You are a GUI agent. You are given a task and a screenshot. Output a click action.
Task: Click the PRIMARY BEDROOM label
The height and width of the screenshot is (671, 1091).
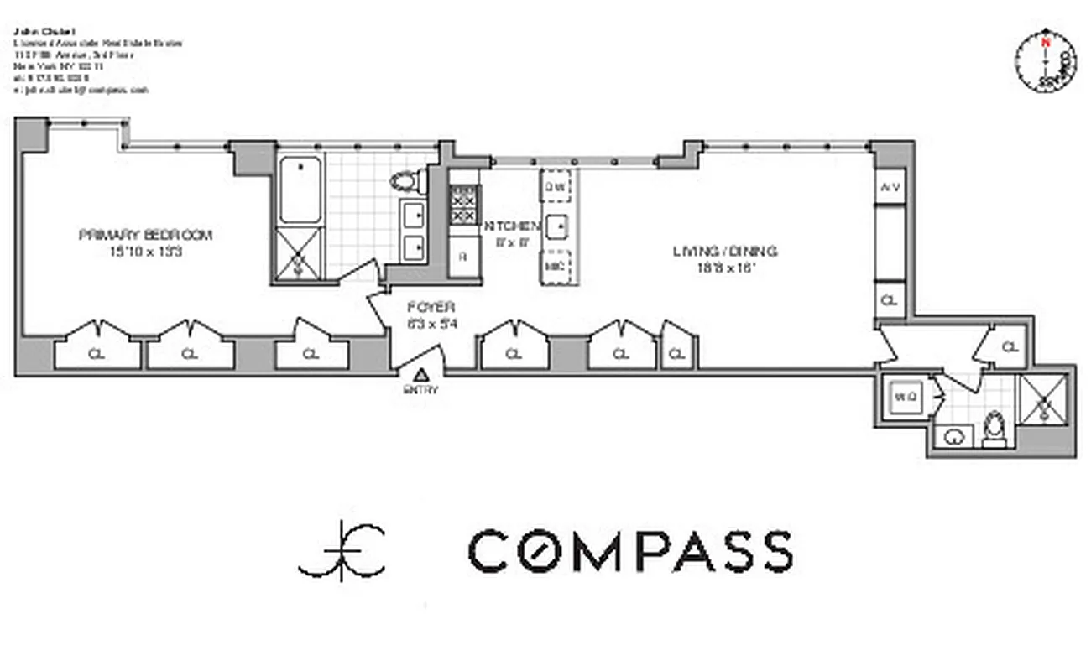point(145,235)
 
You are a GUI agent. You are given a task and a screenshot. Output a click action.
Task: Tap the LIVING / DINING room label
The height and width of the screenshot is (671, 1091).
point(725,251)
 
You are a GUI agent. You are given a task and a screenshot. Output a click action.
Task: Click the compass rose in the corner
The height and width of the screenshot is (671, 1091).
point(1045,63)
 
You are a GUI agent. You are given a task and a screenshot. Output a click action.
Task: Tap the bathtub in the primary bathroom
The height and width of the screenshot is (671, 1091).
point(300,190)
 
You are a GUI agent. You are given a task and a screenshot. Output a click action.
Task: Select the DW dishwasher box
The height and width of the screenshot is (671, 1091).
point(555,187)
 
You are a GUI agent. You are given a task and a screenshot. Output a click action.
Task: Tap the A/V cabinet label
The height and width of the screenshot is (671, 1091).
point(890,188)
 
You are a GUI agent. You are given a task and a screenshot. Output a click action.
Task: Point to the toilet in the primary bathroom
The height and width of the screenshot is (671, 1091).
point(407,180)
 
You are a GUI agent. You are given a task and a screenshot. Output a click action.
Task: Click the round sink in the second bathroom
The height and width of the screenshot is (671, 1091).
point(953,436)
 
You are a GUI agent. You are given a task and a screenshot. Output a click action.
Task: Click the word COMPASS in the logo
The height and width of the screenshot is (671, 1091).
point(629,551)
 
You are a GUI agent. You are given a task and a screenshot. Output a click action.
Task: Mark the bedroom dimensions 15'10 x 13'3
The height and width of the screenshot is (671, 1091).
point(145,251)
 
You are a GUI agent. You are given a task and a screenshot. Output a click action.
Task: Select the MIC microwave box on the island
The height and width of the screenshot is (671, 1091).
point(555,267)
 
